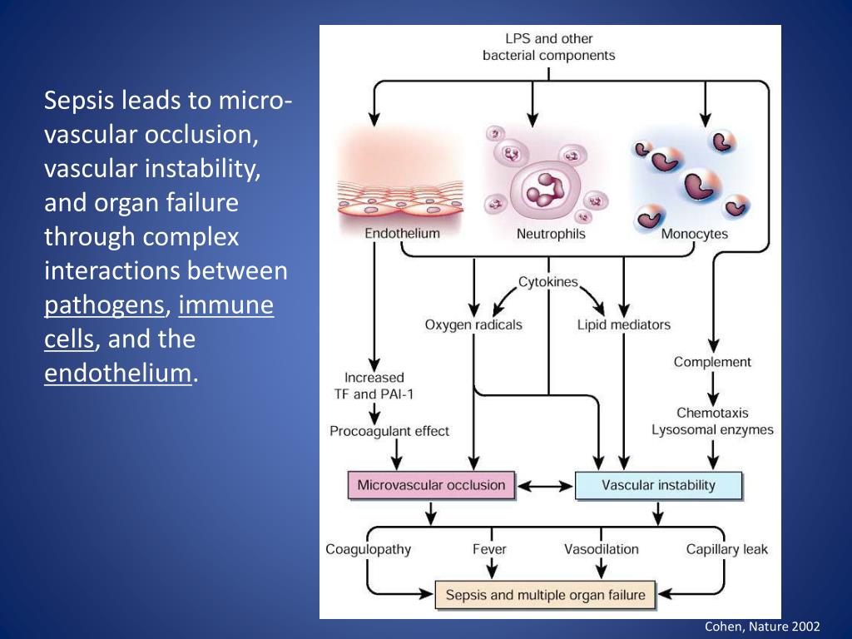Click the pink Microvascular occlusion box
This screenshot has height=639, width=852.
tap(431, 485)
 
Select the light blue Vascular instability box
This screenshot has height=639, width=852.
tap(657, 485)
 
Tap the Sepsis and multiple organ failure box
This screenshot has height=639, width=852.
tap(546, 595)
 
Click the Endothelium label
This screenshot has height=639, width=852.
tap(402, 234)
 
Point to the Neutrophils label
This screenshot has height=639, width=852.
tap(551, 234)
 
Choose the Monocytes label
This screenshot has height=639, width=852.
tap(694, 234)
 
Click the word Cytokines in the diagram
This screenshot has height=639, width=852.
tap(547, 282)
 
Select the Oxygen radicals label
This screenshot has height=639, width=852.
tap(473, 324)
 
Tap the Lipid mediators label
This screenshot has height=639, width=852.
tap(623, 324)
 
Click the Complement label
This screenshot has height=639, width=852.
tap(712, 362)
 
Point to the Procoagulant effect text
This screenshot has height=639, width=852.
tap(389, 431)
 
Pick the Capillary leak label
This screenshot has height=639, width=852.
tap(726, 549)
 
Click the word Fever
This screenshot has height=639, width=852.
tap(489, 549)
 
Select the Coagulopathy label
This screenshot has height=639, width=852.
tap(368, 549)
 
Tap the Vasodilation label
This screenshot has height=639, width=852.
tap(601, 549)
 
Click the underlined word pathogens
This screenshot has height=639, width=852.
tap(105, 305)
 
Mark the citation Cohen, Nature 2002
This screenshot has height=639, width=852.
tap(762, 627)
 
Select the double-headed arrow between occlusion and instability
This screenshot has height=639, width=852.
tap(545, 485)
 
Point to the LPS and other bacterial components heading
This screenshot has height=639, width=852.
tap(548, 47)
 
